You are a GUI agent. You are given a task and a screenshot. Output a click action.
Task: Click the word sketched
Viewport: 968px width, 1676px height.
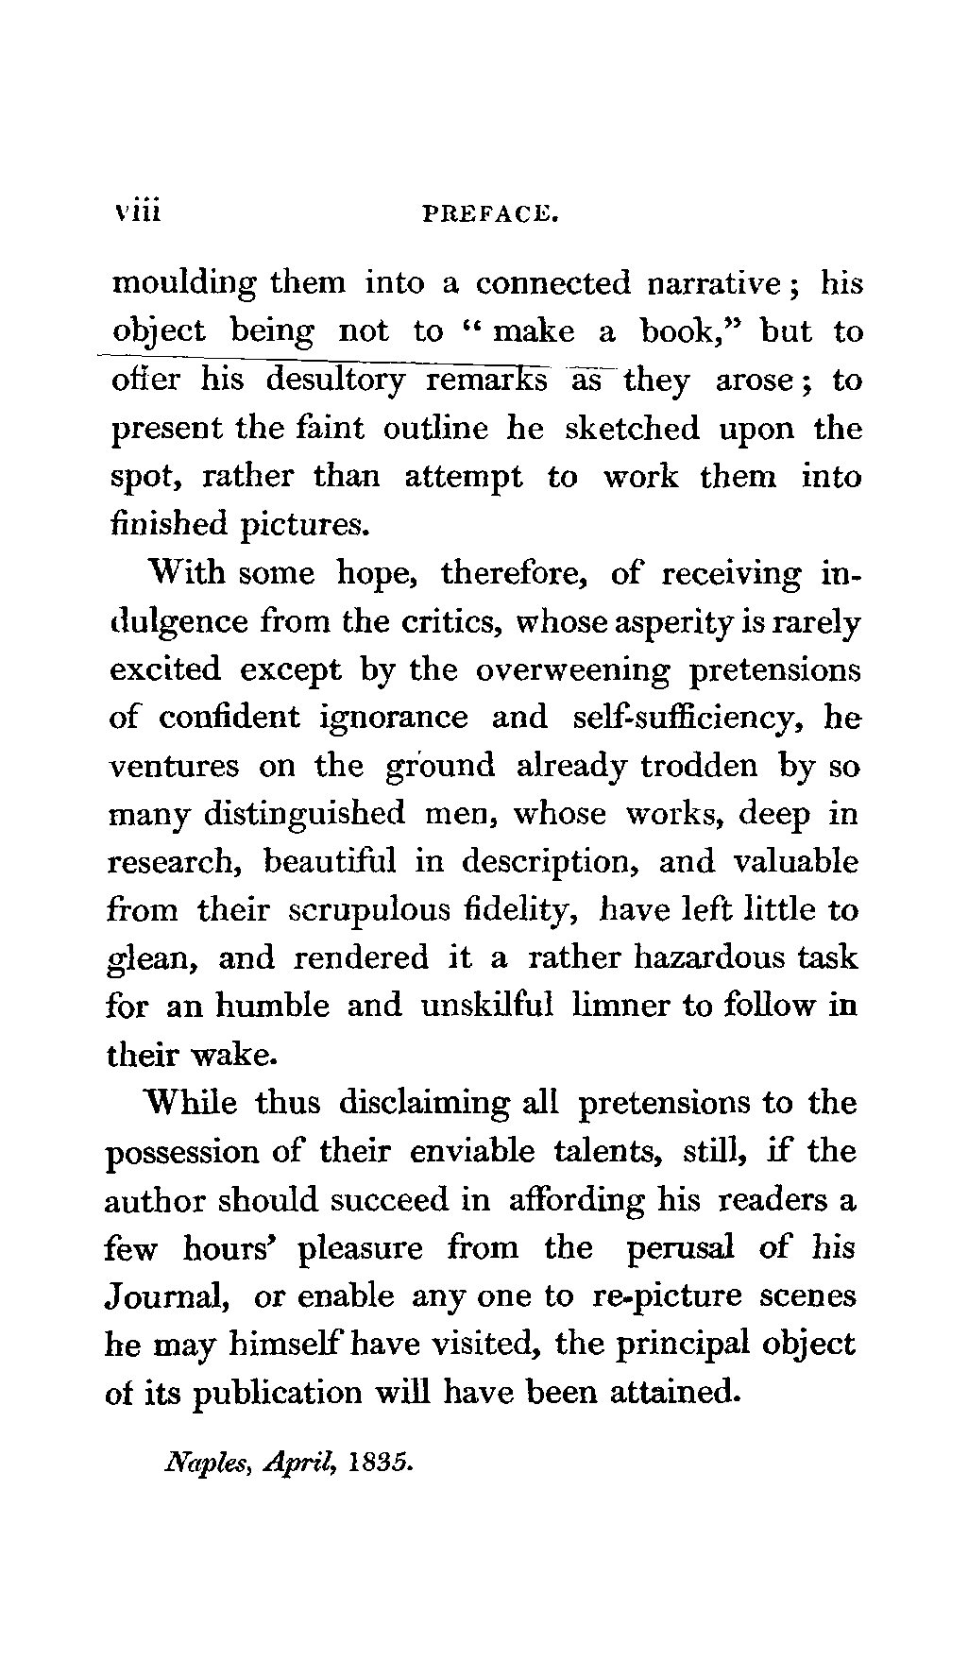point(632,429)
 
